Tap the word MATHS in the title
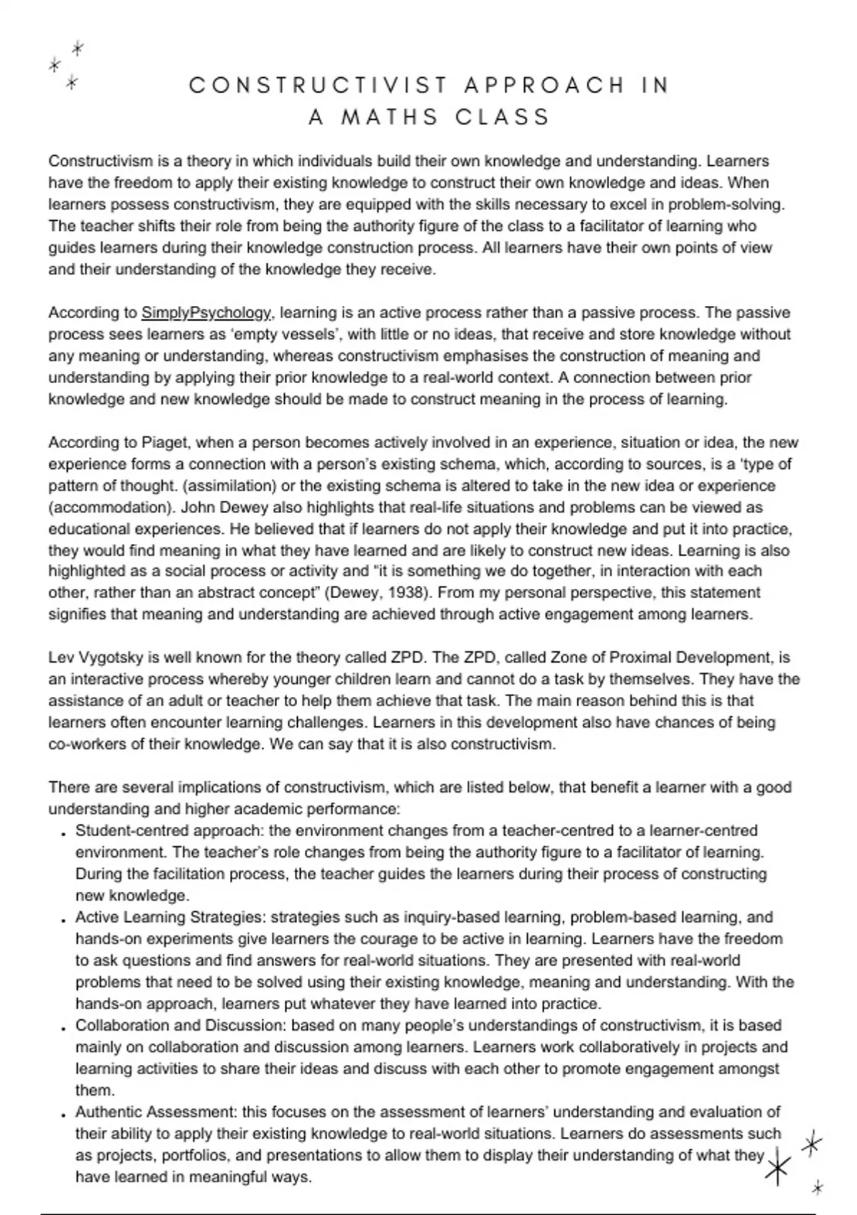coord(389,116)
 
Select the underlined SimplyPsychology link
coord(206,313)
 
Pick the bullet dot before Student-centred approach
coord(64,833)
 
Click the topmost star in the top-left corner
coord(78,49)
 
